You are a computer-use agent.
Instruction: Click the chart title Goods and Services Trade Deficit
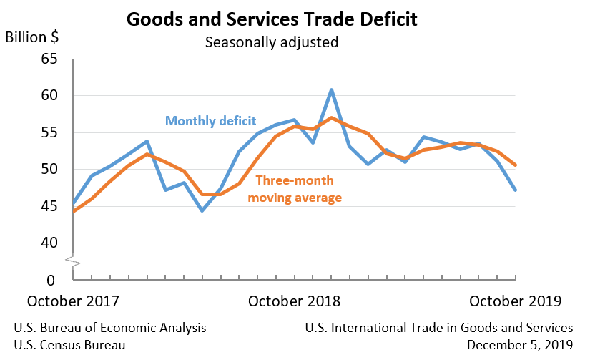(x=272, y=19)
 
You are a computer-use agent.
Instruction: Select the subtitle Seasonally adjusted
(x=272, y=42)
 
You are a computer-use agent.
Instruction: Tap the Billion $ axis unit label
(x=32, y=37)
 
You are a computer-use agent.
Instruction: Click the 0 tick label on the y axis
(x=51, y=280)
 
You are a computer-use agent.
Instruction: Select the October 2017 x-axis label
(x=73, y=301)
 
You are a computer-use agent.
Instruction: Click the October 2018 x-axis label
(x=295, y=301)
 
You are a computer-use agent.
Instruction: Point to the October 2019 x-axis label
(x=516, y=301)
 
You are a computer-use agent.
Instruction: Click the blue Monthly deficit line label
(x=210, y=120)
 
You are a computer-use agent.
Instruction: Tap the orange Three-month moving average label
(x=295, y=188)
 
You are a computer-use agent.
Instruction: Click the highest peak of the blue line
(x=332, y=90)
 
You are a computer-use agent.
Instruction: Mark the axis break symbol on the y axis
(x=74, y=261)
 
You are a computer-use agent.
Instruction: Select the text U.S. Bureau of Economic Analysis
(x=110, y=328)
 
